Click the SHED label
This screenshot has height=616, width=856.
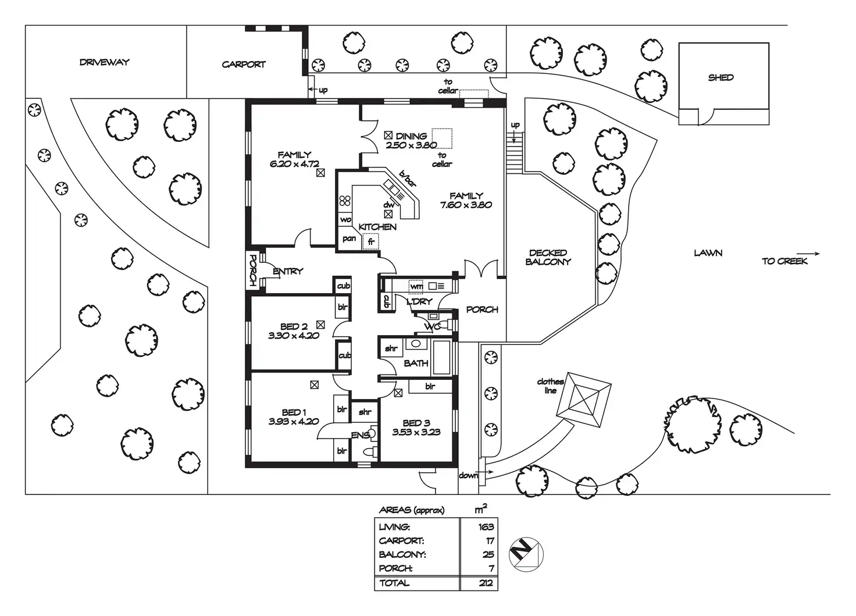[721, 77]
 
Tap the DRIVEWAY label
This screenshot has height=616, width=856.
[105, 62]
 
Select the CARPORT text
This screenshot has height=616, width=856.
[244, 65]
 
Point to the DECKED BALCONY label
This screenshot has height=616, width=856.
[548, 257]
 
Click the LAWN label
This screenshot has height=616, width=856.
[708, 253]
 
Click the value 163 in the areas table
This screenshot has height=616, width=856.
[486, 527]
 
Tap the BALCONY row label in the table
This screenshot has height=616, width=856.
[402, 555]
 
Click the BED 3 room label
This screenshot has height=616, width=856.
[416, 423]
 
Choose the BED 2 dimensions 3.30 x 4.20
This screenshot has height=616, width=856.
[294, 336]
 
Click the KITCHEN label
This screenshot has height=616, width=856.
[377, 227]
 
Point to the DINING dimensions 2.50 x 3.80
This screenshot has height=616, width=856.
[411, 145]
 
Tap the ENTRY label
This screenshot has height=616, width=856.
[288, 271]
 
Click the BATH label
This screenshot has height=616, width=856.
[416, 363]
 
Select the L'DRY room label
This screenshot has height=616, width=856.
[419, 302]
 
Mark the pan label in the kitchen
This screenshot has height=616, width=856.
[349, 238]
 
